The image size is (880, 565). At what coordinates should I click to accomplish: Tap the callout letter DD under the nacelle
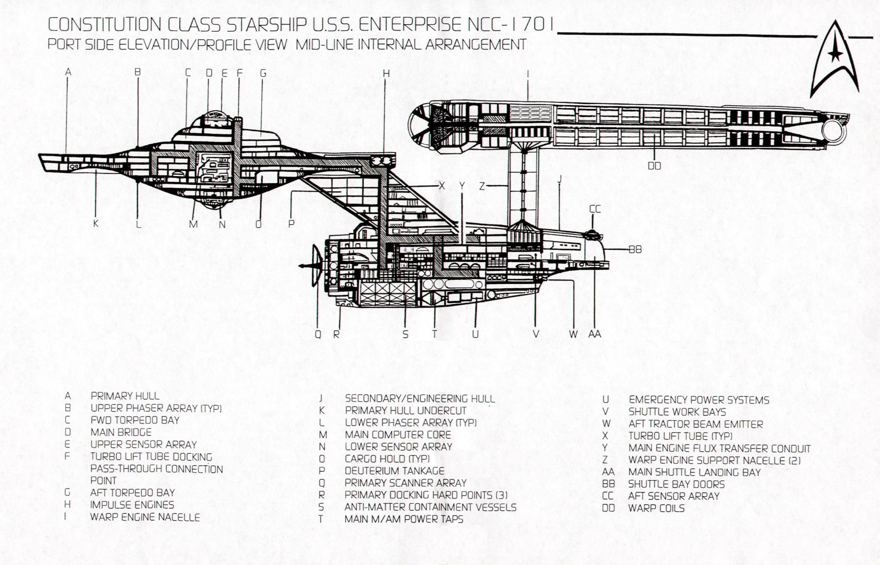(x=654, y=166)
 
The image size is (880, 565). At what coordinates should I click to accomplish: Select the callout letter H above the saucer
(x=386, y=73)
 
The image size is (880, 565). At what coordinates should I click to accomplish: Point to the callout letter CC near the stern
(x=594, y=209)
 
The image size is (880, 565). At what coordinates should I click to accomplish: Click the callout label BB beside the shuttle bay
(x=635, y=249)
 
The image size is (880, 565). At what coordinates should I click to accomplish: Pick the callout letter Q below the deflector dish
(x=318, y=334)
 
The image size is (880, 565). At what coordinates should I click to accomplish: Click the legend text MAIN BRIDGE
(x=121, y=432)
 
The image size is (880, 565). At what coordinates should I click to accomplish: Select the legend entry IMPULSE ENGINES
(x=132, y=505)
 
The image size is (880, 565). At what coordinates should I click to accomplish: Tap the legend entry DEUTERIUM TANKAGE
(x=394, y=471)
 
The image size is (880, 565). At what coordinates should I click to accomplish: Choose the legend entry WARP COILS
(x=656, y=508)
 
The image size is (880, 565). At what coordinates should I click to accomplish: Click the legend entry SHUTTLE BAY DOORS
(x=676, y=484)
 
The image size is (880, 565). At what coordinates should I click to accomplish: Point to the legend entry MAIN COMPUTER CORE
(x=398, y=435)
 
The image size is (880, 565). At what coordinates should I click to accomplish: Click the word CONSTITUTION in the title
(x=104, y=25)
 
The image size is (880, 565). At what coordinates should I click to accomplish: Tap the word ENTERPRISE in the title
(x=410, y=25)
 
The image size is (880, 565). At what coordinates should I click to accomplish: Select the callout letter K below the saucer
(x=96, y=224)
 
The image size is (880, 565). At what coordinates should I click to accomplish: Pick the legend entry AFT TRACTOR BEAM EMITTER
(x=696, y=424)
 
